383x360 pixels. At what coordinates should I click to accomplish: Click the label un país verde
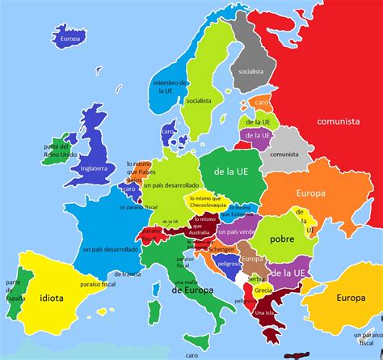click(x=237, y=231)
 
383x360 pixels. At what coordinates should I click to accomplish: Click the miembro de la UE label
click(x=171, y=87)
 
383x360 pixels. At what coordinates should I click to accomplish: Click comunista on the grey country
click(x=284, y=154)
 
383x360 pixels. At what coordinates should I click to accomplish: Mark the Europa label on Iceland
click(x=67, y=37)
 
